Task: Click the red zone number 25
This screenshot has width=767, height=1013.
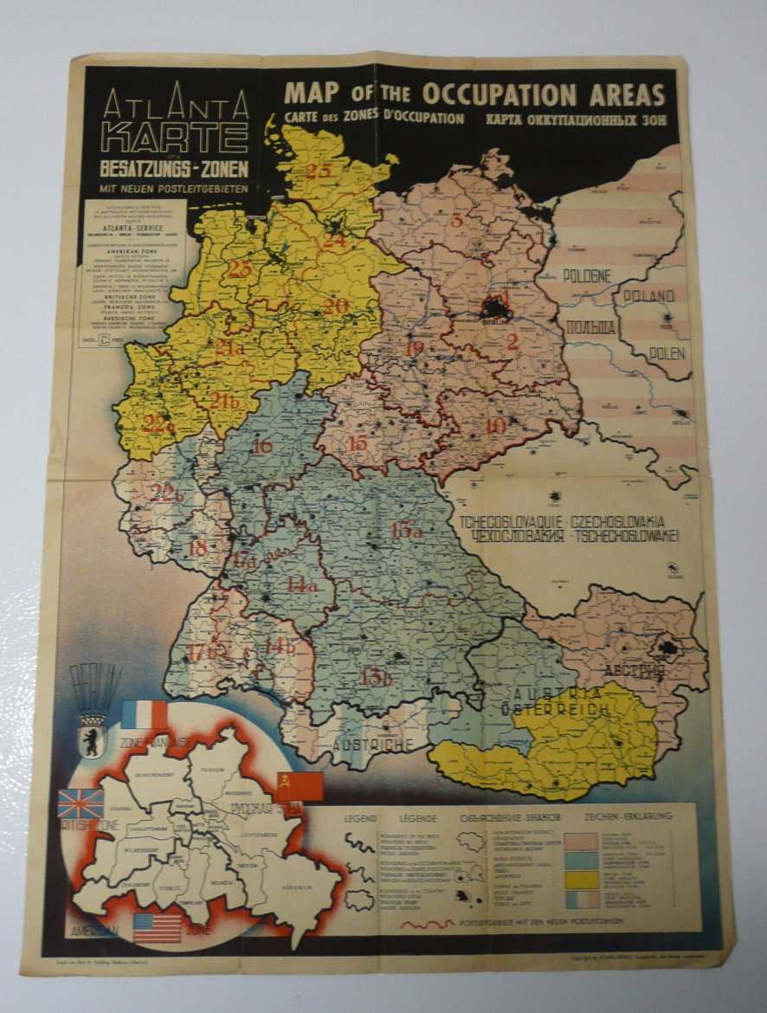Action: click(318, 171)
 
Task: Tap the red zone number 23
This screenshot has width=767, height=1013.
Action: click(239, 269)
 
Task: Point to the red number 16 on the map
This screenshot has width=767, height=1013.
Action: click(261, 446)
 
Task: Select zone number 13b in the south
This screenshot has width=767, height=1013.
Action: click(377, 677)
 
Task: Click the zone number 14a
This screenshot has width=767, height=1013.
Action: click(301, 585)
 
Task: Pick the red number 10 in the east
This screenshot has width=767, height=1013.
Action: click(495, 426)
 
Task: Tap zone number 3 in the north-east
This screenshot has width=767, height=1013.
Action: click(456, 220)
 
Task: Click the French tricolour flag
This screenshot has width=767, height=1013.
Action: click(145, 715)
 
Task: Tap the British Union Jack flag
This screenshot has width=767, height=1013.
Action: click(80, 803)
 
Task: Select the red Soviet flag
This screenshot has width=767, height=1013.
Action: click(299, 785)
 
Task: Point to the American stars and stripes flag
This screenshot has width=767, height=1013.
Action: click(157, 926)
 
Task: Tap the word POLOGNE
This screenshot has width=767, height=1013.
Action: click(586, 275)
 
